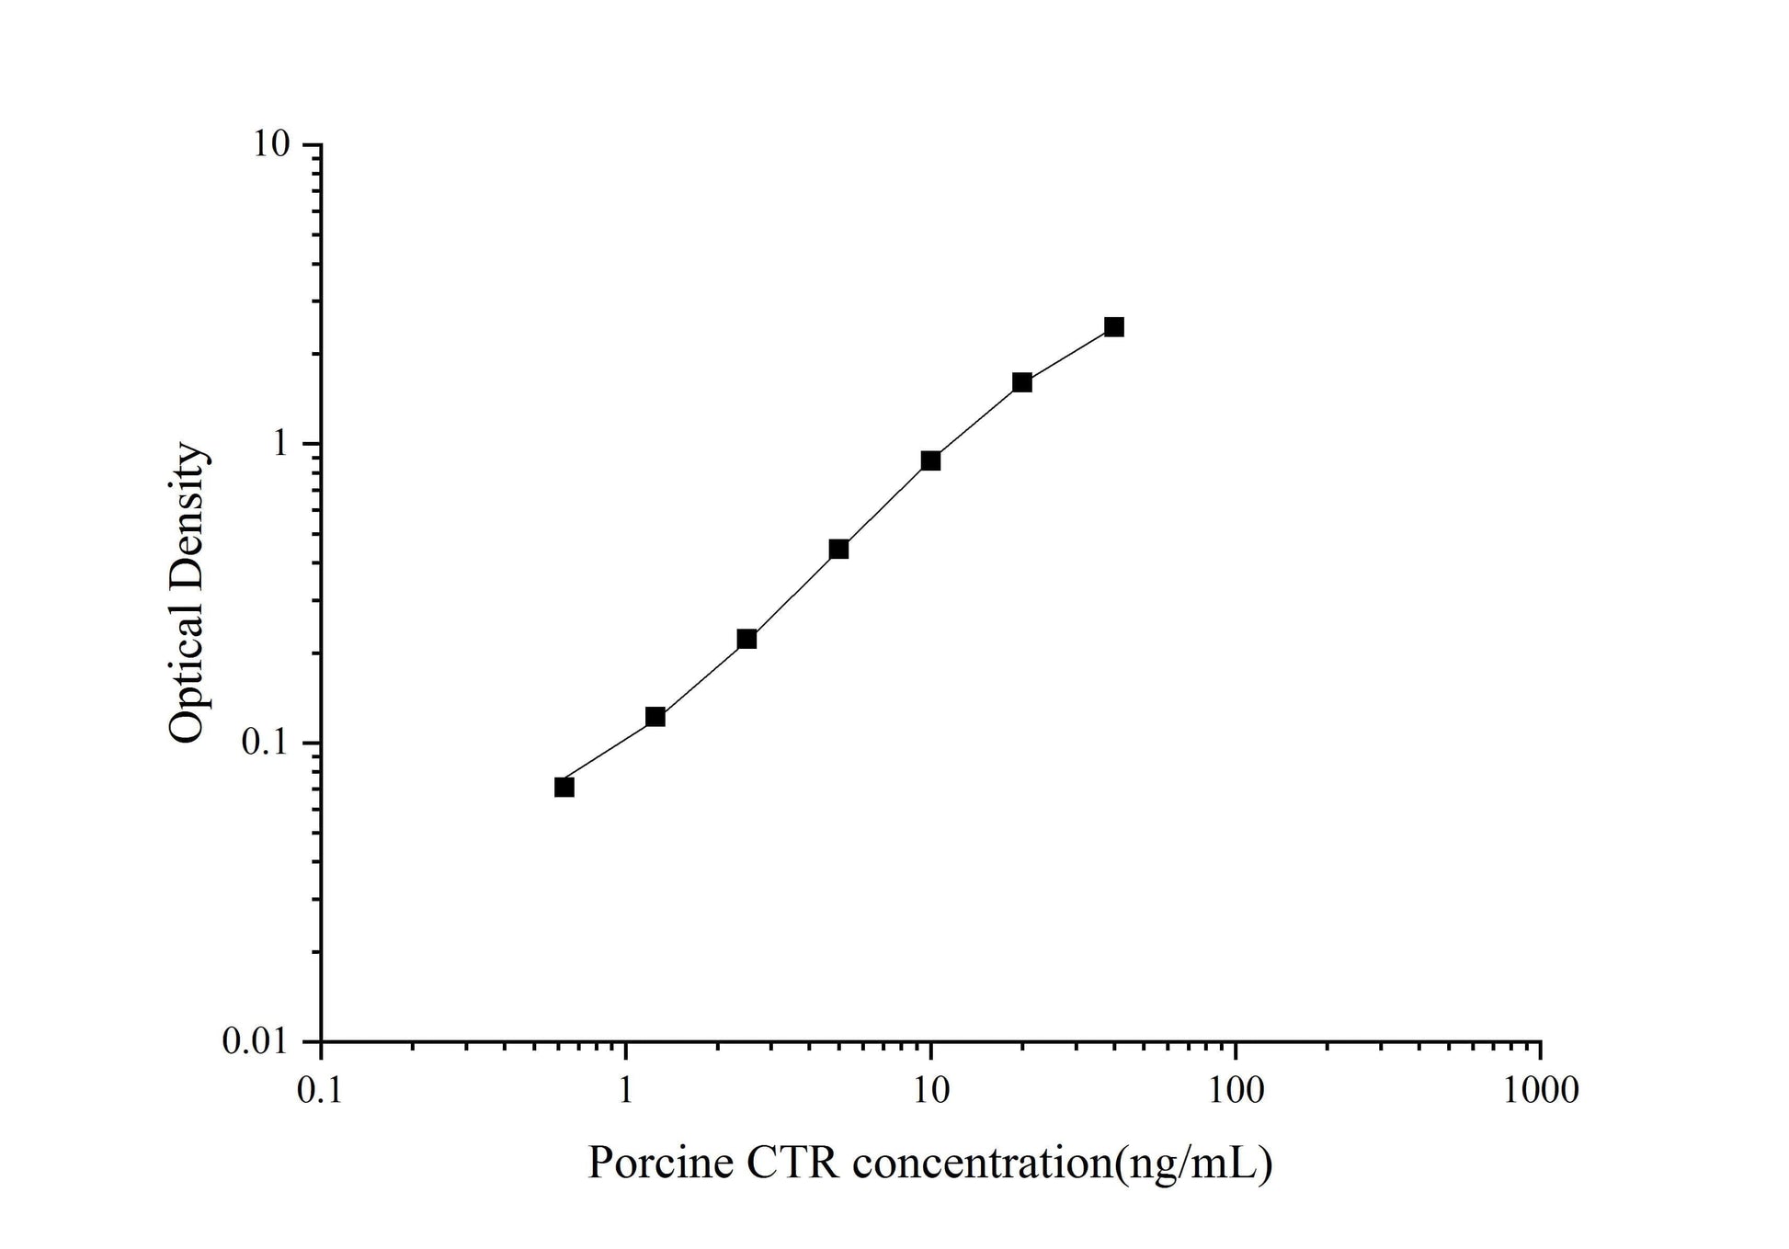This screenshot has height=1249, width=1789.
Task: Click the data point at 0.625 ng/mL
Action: (564, 787)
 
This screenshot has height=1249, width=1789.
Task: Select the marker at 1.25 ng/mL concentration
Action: (655, 717)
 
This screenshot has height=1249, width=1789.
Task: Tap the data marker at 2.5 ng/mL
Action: (746, 639)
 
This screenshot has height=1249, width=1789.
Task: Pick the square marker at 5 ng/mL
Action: (838, 550)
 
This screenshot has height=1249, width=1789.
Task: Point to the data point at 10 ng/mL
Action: (930, 460)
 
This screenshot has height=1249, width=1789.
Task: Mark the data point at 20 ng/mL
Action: (1022, 382)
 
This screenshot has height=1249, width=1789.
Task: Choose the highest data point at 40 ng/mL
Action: (1114, 327)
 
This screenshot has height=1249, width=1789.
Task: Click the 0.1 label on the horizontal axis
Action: (320, 1090)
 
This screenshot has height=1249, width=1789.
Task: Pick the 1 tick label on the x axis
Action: (626, 1090)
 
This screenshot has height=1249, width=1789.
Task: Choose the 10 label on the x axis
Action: (930, 1090)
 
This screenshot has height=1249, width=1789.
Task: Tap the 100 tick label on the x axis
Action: (1235, 1090)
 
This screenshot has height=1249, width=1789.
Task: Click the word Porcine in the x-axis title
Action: (660, 1164)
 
